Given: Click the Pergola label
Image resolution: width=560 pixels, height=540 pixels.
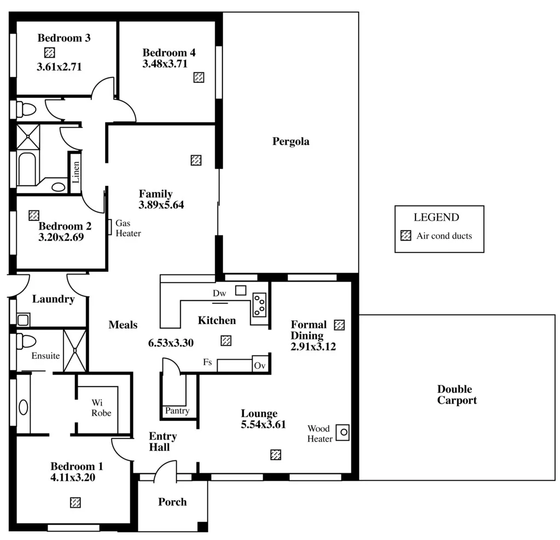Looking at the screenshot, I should point(290,142).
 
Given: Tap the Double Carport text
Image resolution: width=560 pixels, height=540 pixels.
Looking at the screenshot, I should point(457,395).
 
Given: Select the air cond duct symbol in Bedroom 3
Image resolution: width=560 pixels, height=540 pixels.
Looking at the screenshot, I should point(50,52).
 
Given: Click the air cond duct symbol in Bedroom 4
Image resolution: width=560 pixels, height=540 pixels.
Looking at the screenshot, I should point(199,77).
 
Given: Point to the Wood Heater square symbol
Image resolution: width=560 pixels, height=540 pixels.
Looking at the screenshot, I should point(343,432).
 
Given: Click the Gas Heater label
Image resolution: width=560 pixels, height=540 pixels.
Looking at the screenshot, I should point(128,228).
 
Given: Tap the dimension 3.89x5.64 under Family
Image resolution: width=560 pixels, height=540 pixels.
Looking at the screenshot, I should point(161,205).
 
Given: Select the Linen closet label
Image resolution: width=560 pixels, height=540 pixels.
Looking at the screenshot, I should point(76,172).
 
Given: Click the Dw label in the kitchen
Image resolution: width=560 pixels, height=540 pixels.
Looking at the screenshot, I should point(219,294).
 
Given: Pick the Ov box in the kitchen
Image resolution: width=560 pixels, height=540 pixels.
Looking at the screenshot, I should point(259,365).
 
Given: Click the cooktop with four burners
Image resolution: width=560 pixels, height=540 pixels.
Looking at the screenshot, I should point(259,306).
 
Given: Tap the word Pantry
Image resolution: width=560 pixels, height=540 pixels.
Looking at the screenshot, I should point(177,410).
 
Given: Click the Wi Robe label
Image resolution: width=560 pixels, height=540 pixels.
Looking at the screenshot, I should point(101,408).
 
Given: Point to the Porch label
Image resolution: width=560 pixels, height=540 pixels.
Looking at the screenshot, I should point(172,502).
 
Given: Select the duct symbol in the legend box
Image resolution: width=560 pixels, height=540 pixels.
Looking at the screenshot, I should point(406,236).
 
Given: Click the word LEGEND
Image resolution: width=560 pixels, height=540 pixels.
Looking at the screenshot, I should point(436,217).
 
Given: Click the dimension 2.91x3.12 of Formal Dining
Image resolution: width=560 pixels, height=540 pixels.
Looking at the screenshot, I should point(313,346).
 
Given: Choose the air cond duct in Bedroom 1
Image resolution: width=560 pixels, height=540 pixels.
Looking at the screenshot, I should point(75,502).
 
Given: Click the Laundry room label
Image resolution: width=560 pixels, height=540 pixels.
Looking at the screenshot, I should point(53,299).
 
